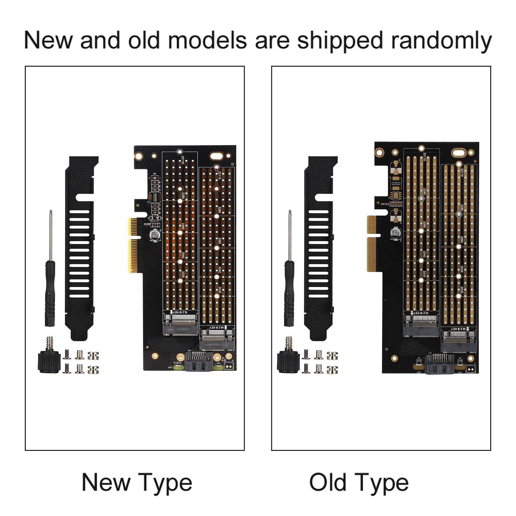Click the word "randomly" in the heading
441,41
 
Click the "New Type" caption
137,482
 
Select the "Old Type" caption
359,482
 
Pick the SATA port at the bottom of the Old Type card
439,364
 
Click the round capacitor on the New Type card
154,235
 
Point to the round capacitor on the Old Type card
395,233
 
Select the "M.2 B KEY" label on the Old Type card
458,329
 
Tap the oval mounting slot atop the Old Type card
459,153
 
